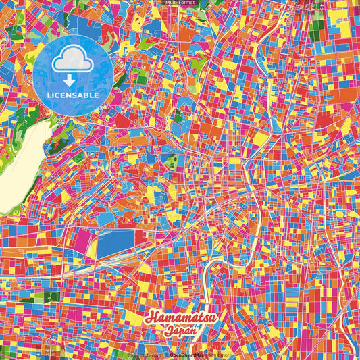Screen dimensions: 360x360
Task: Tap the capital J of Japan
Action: click(x=167, y=332)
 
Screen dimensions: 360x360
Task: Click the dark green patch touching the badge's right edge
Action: click(x=119, y=81)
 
